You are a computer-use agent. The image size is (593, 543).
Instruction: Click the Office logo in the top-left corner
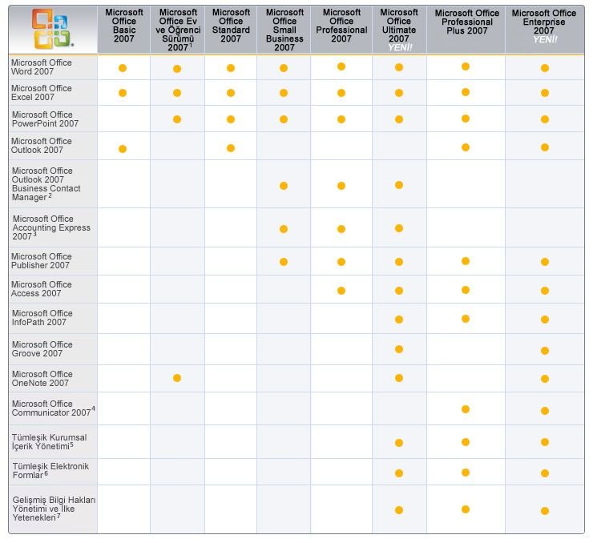(52, 28)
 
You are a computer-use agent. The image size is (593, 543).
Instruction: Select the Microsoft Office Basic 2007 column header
(123, 26)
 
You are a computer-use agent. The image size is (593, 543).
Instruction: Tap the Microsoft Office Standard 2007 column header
(231, 26)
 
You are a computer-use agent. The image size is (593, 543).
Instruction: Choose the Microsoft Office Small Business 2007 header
(284, 30)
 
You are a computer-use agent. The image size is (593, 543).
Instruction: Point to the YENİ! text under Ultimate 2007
(399, 47)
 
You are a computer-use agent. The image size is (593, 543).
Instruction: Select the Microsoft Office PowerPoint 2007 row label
(45, 119)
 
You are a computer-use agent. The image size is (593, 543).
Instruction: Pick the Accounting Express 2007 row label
(50, 227)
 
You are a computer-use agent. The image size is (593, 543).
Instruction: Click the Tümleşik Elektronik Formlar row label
(50, 470)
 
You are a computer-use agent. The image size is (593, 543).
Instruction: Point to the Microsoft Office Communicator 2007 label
(53, 408)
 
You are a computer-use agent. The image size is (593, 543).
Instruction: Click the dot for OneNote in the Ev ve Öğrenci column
(177, 378)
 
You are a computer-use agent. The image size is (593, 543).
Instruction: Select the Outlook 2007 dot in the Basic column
(123, 148)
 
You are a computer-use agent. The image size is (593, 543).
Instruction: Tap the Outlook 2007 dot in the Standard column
(231, 148)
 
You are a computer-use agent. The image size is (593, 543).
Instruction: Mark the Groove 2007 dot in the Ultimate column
(399, 349)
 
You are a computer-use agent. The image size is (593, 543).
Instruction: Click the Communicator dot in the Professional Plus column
(465, 409)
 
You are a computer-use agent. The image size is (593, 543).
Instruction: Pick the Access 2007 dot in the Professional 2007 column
(341, 290)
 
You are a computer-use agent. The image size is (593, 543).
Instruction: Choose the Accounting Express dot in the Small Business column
(284, 229)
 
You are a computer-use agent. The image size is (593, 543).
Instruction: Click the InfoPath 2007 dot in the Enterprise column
(545, 320)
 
